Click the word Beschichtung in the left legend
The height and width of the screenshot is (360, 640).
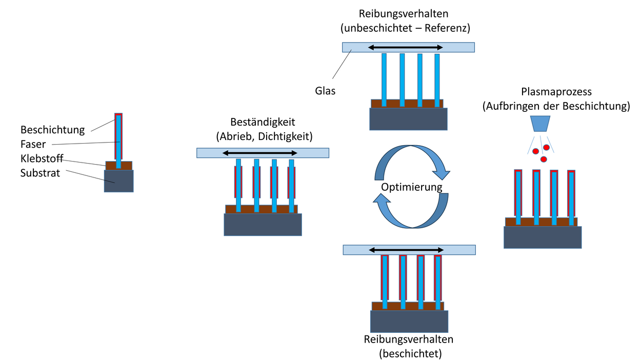[x=52, y=129]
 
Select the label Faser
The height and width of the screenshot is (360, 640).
[x=33, y=144]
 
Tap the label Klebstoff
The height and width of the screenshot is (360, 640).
[x=42, y=158]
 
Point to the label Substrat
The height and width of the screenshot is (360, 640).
[x=40, y=173]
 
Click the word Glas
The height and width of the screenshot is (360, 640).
[x=325, y=91]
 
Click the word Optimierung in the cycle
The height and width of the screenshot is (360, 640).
[x=411, y=187]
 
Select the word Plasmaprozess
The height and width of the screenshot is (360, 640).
[x=556, y=92]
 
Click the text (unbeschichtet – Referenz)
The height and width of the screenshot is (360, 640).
[x=405, y=29]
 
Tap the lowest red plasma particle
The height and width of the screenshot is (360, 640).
[x=544, y=159]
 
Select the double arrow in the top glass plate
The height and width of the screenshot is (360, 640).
[x=405, y=47]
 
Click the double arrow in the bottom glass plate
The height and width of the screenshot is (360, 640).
[x=405, y=250]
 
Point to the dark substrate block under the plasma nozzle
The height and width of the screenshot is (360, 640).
[x=543, y=237]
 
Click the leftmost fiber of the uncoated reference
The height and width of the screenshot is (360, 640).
[x=384, y=79]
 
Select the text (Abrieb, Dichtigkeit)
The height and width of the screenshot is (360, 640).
[x=263, y=136]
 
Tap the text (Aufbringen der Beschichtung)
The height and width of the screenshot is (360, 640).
[x=556, y=107]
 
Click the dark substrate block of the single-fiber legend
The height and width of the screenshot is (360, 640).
[x=118, y=181]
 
